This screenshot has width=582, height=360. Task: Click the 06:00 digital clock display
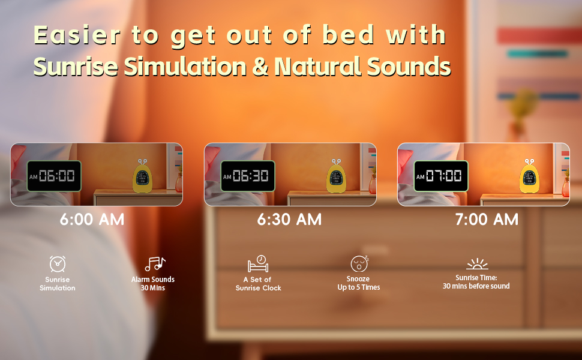point(54,176)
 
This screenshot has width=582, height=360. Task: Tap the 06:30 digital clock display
point(248,176)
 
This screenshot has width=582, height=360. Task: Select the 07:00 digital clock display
point(441,176)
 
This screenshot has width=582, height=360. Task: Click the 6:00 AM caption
point(92,220)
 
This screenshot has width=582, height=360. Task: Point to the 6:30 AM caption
point(290,220)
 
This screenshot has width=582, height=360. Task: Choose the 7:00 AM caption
point(487,220)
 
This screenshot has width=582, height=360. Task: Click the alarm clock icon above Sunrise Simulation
point(58,264)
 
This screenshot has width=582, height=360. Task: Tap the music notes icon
point(155,264)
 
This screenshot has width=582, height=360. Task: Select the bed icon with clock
point(259,264)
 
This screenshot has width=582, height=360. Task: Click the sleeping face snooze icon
point(359,263)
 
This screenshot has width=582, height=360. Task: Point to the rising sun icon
point(477,264)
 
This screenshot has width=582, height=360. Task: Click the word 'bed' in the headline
point(348,35)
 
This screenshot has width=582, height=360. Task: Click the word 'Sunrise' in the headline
point(76,67)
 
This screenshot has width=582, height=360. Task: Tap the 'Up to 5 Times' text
point(359,287)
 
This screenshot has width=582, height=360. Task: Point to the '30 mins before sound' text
point(476,286)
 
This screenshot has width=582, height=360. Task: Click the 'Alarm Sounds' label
point(153,280)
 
